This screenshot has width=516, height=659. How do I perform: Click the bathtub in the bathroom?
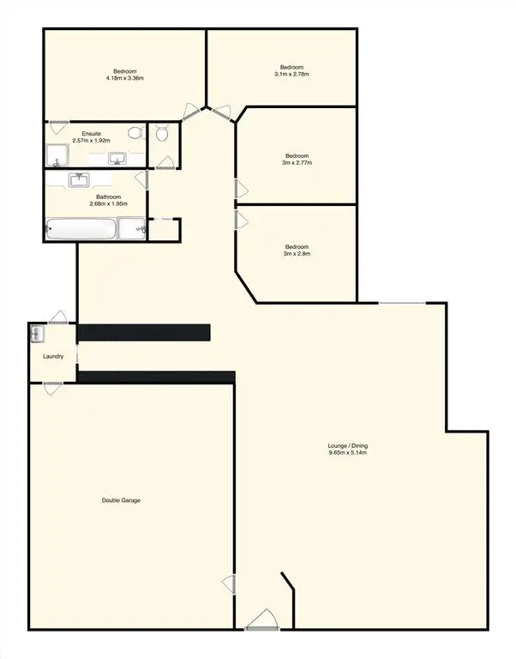pos(81,230)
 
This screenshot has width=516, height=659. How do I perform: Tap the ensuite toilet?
pos(135,133)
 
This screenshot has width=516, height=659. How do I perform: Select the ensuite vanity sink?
pos(117,158)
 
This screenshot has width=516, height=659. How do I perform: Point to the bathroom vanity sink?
pos(81,180)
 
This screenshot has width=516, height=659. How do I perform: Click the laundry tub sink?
pos(39,332)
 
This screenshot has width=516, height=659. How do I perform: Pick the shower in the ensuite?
pos(57,155)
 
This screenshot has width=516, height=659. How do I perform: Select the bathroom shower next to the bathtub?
pos(132,229)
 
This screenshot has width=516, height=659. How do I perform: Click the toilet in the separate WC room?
pos(162,133)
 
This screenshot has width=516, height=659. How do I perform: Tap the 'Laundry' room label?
pos(53,356)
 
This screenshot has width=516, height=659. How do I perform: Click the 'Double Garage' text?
pos(121,500)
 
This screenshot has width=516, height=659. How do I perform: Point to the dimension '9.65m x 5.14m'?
pos(347,453)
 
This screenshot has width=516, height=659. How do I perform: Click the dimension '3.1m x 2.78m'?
pos(291,75)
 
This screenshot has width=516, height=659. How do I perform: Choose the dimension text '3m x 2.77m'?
pos(297,162)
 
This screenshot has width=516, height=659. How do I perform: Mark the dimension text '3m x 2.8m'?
pos(297,254)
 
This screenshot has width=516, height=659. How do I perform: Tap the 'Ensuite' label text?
pos(91,133)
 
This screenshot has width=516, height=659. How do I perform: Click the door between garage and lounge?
pos(230,584)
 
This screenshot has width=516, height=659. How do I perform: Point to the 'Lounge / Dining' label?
pos(347,445)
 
